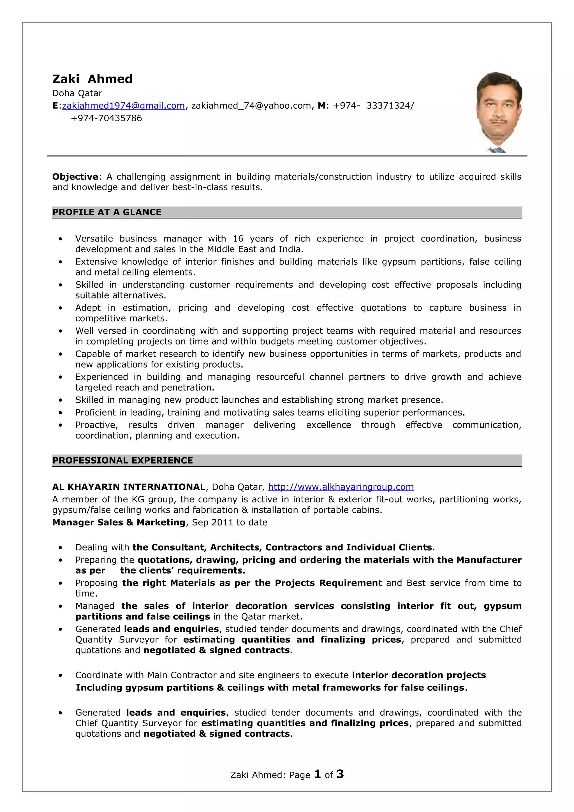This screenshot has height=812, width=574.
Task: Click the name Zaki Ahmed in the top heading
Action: click(92, 79)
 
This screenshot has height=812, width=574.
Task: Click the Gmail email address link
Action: click(123, 106)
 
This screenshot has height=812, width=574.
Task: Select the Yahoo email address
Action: click(251, 106)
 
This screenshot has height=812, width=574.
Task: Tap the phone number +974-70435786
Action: click(106, 118)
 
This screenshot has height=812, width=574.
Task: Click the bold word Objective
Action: click(75, 177)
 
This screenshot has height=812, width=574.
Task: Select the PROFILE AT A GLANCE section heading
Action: click(107, 212)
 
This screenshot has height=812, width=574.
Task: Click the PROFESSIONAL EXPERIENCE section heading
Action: click(122, 460)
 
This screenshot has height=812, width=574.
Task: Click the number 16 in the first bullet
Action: click(238, 239)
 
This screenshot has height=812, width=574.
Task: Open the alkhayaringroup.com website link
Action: click(341, 487)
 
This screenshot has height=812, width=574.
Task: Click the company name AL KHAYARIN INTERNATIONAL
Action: click(129, 487)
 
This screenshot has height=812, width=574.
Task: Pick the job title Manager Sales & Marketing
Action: click(119, 522)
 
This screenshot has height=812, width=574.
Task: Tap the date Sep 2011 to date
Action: click(230, 522)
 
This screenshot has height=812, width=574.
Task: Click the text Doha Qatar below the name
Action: click(77, 93)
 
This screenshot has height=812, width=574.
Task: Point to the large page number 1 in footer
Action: click(317, 774)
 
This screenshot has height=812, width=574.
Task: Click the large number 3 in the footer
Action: click(340, 774)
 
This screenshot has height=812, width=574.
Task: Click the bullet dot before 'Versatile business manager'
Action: click(61, 239)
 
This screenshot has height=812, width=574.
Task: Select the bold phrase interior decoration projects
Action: click(419, 675)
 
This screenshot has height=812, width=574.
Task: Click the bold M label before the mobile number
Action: click(321, 106)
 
